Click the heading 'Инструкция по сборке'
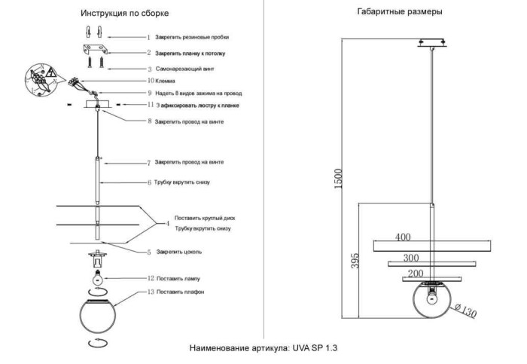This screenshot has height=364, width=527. pos(124,14)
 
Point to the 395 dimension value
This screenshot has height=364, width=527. pos(355,259)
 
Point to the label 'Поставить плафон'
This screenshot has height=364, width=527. pos(181,291)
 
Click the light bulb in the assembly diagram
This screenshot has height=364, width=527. pos(96,277)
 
